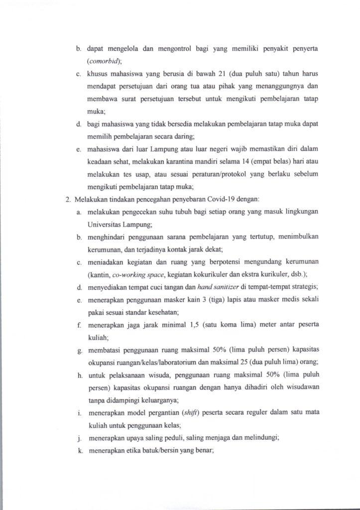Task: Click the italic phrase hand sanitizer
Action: tap(192, 286)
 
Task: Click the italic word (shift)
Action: tap(186, 413)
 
